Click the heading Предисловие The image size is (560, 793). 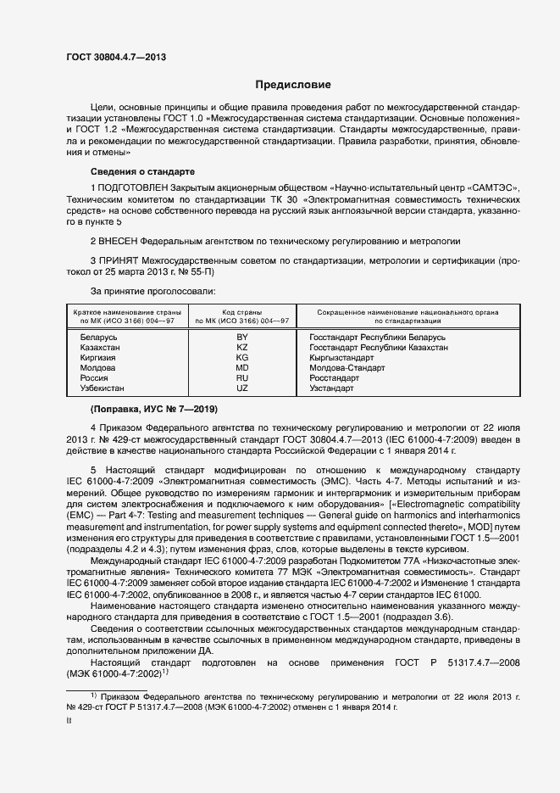(293, 86)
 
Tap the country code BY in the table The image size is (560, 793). (241, 338)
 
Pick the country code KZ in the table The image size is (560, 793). (241, 348)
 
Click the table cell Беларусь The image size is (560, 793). (98, 338)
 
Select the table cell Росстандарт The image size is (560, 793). (335, 377)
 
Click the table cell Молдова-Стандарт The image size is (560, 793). (347, 368)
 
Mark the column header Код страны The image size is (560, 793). (241, 313)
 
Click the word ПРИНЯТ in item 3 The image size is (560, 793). (118, 262)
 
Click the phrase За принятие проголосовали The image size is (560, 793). (145, 290)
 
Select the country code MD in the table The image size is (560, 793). (241, 368)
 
